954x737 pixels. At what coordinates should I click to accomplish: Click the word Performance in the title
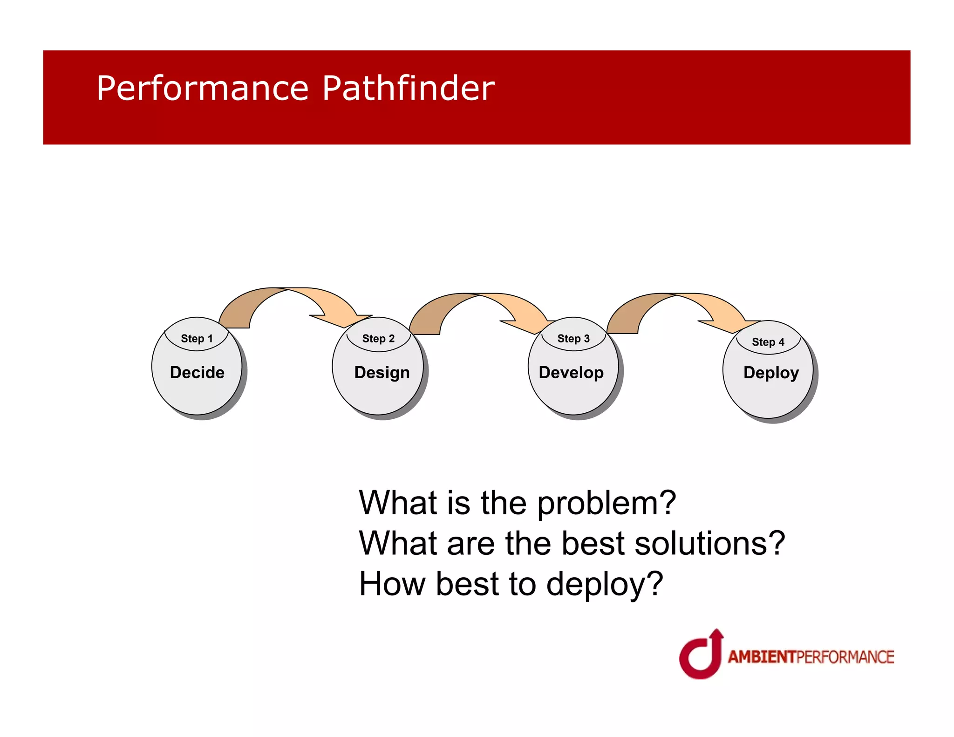[x=202, y=89]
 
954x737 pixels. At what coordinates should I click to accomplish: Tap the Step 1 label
[x=197, y=339]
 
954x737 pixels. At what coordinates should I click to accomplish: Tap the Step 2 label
[x=378, y=339]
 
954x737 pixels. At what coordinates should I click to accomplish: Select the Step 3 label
[x=573, y=339]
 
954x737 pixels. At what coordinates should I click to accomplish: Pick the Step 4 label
[x=768, y=342]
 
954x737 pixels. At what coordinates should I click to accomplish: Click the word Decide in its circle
[x=197, y=373]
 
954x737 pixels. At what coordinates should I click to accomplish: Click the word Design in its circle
[x=382, y=373]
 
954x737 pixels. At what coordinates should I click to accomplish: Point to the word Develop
[x=571, y=373]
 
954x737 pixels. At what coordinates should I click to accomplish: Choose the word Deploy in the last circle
[x=771, y=373]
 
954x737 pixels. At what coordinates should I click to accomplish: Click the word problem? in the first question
[x=606, y=504]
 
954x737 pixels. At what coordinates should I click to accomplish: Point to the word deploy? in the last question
[x=604, y=584]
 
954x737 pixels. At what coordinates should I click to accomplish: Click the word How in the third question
[x=392, y=584]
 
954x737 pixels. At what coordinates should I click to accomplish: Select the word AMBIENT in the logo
[x=762, y=657]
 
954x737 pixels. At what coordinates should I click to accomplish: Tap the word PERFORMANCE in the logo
[x=845, y=657]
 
